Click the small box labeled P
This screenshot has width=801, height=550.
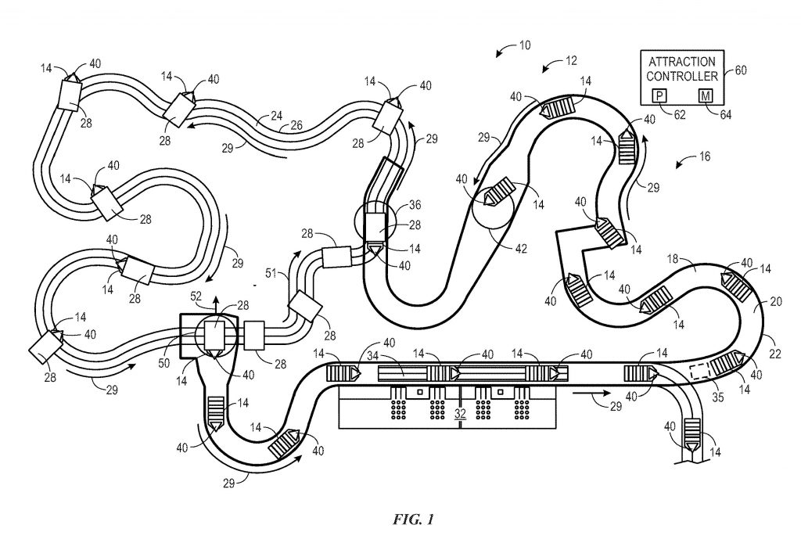659,95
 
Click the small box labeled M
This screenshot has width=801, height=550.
706,95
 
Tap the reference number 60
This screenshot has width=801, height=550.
740,70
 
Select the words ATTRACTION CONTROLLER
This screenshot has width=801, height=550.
682,69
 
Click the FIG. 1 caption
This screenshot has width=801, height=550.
413,519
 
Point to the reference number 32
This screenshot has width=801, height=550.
460,413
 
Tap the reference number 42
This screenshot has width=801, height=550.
520,249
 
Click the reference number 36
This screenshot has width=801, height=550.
415,204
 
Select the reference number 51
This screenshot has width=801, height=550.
271,274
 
